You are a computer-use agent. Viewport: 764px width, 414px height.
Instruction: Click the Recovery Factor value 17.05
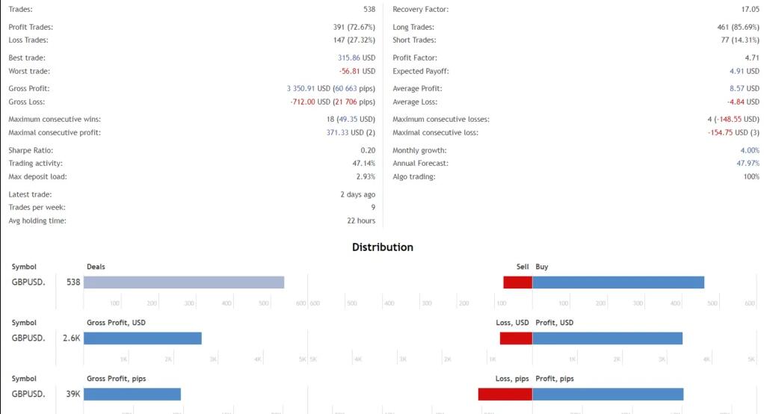[x=750, y=10]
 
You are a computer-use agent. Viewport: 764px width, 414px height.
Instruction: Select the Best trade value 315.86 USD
[x=357, y=58]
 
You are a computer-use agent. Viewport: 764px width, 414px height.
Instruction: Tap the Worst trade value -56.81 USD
[x=357, y=71]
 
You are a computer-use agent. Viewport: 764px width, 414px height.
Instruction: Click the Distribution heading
[x=382, y=247]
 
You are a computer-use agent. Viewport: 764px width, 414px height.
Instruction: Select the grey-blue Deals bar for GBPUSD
[x=184, y=282]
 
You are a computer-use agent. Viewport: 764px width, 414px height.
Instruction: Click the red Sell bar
[x=517, y=282]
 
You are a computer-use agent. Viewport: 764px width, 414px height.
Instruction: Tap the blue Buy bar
[x=618, y=282]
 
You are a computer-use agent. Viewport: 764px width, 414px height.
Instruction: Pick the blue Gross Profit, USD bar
[x=143, y=339]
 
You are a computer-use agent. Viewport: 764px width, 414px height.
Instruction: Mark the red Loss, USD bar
[x=516, y=339]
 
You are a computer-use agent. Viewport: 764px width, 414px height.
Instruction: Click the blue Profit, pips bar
[x=608, y=395]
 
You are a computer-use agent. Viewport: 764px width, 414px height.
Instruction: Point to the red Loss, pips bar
[x=505, y=395]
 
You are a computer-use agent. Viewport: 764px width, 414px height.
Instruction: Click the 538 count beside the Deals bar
[x=73, y=282]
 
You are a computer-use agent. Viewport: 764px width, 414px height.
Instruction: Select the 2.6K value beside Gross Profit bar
[x=72, y=339]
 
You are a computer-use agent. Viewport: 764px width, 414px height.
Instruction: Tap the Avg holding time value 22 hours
[x=361, y=221]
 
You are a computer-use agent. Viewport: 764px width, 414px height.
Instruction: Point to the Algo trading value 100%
[x=751, y=176]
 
